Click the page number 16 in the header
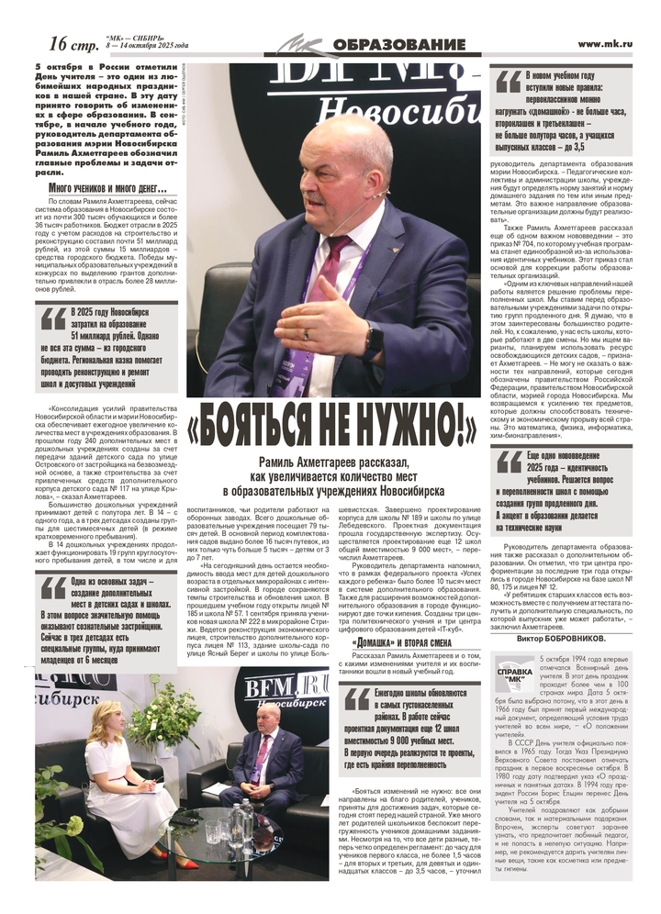click(60, 42)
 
